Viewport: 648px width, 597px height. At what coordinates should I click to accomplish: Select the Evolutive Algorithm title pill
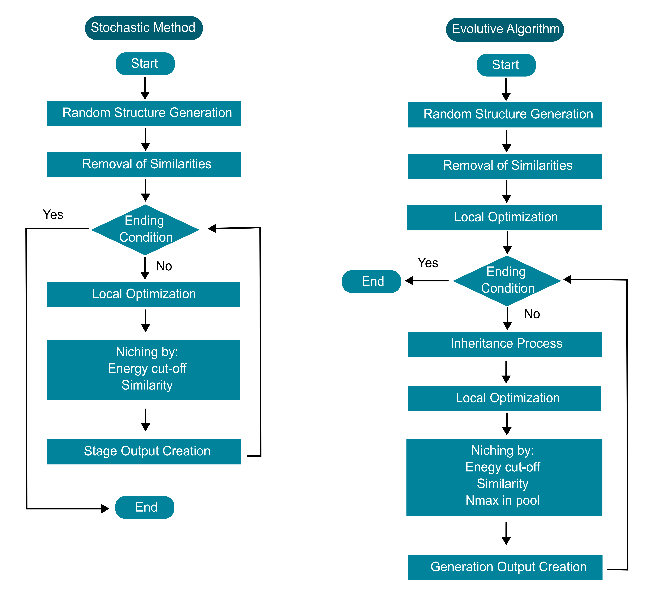click(505, 29)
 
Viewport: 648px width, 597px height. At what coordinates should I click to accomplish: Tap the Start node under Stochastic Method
click(145, 64)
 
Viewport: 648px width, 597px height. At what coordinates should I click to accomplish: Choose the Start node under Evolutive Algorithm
click(506, 65)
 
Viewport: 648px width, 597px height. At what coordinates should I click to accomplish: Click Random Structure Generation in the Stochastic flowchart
click(144, 113)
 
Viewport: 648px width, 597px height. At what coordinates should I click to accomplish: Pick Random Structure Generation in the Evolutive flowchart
click(505, 115)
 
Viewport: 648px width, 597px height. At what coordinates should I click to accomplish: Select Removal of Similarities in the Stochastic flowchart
click(144, 165)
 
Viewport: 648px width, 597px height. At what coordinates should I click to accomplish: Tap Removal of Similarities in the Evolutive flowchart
click(505, 166)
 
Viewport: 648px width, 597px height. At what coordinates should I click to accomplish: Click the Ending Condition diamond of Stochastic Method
click(145, 230)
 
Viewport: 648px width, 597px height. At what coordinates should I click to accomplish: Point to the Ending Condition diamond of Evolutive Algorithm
click(507, 281)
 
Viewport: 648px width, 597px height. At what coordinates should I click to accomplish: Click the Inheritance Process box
click(505, 344)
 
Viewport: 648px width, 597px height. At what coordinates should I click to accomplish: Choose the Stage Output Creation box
click(144, 452)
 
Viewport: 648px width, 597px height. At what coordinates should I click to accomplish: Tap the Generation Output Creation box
click(505, 568)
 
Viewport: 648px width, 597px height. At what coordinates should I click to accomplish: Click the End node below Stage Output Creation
click(145, 507)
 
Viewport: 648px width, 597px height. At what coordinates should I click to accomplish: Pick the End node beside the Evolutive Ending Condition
click(371, 281)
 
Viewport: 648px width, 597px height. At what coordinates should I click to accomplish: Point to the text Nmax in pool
click(503, 500)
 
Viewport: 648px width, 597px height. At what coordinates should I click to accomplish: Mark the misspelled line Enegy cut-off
click(503, 467)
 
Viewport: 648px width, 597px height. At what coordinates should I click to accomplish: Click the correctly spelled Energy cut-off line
click(147, 369)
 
